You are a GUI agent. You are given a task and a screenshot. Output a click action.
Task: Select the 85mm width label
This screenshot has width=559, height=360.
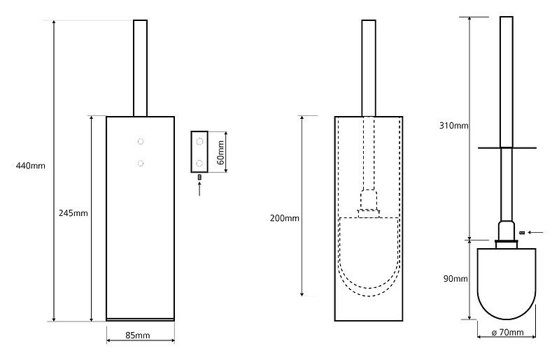138,336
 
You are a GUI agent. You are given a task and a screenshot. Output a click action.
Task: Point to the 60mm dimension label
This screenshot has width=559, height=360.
221,151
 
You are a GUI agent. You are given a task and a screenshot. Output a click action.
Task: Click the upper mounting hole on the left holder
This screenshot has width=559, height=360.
141,141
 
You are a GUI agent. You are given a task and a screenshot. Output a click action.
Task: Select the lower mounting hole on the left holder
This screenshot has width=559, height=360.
141,164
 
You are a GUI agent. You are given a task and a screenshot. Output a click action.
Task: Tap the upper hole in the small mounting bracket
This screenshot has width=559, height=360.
201,142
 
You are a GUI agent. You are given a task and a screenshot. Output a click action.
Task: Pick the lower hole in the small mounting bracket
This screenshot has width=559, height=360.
201,164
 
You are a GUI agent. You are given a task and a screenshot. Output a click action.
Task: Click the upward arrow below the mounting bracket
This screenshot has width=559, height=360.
200,189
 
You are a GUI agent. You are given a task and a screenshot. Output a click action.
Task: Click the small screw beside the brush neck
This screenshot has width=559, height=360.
523,231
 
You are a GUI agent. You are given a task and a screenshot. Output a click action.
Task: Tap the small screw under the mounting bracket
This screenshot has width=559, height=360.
200,178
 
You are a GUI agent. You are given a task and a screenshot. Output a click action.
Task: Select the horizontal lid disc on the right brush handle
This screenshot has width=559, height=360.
507,147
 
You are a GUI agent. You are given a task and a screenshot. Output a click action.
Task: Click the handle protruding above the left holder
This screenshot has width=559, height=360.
141,69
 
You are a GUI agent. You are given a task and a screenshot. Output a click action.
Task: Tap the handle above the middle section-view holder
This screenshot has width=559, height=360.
369,69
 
